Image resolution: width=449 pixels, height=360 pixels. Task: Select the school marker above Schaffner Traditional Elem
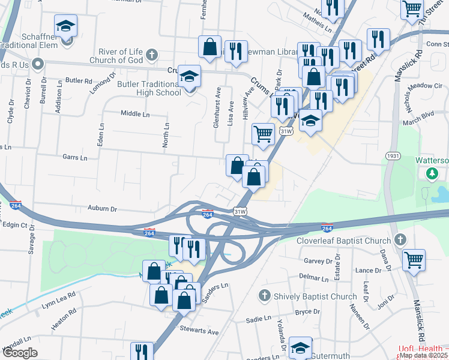tap(65, 26)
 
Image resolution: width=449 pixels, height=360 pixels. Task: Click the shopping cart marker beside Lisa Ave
tap(263, 134)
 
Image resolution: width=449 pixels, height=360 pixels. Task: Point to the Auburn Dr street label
tap(101, 209)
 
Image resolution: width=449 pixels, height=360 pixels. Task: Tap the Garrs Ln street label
tap(75, 157)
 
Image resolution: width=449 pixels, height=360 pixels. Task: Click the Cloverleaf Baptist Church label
tap(344, 241)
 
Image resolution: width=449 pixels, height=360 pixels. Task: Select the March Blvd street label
tap(418, 119)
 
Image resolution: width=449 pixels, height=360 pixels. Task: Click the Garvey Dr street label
tap(318, 261)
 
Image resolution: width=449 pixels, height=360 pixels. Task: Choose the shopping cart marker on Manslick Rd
tap(413, 260)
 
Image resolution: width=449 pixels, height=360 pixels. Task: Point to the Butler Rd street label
tap(79, 80)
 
